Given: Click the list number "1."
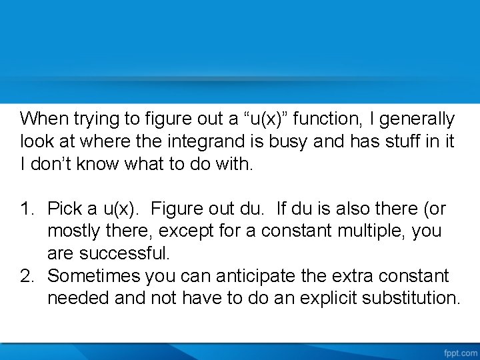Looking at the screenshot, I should [x=27, y=209].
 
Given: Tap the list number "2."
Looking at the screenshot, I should [x=27, y=276].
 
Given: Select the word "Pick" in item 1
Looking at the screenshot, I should [x=65, y=209].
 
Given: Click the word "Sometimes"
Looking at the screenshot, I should [x=93, y=276].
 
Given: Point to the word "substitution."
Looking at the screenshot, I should [x=410, y=298].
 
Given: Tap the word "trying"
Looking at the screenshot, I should [x=91, y=119].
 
